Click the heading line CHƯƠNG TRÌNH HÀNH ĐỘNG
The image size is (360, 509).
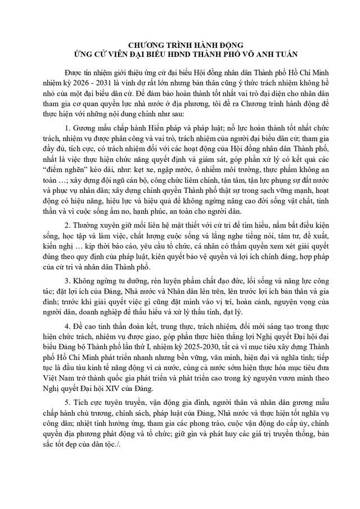click(179, 45)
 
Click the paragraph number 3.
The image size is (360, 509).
click(67, 280)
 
